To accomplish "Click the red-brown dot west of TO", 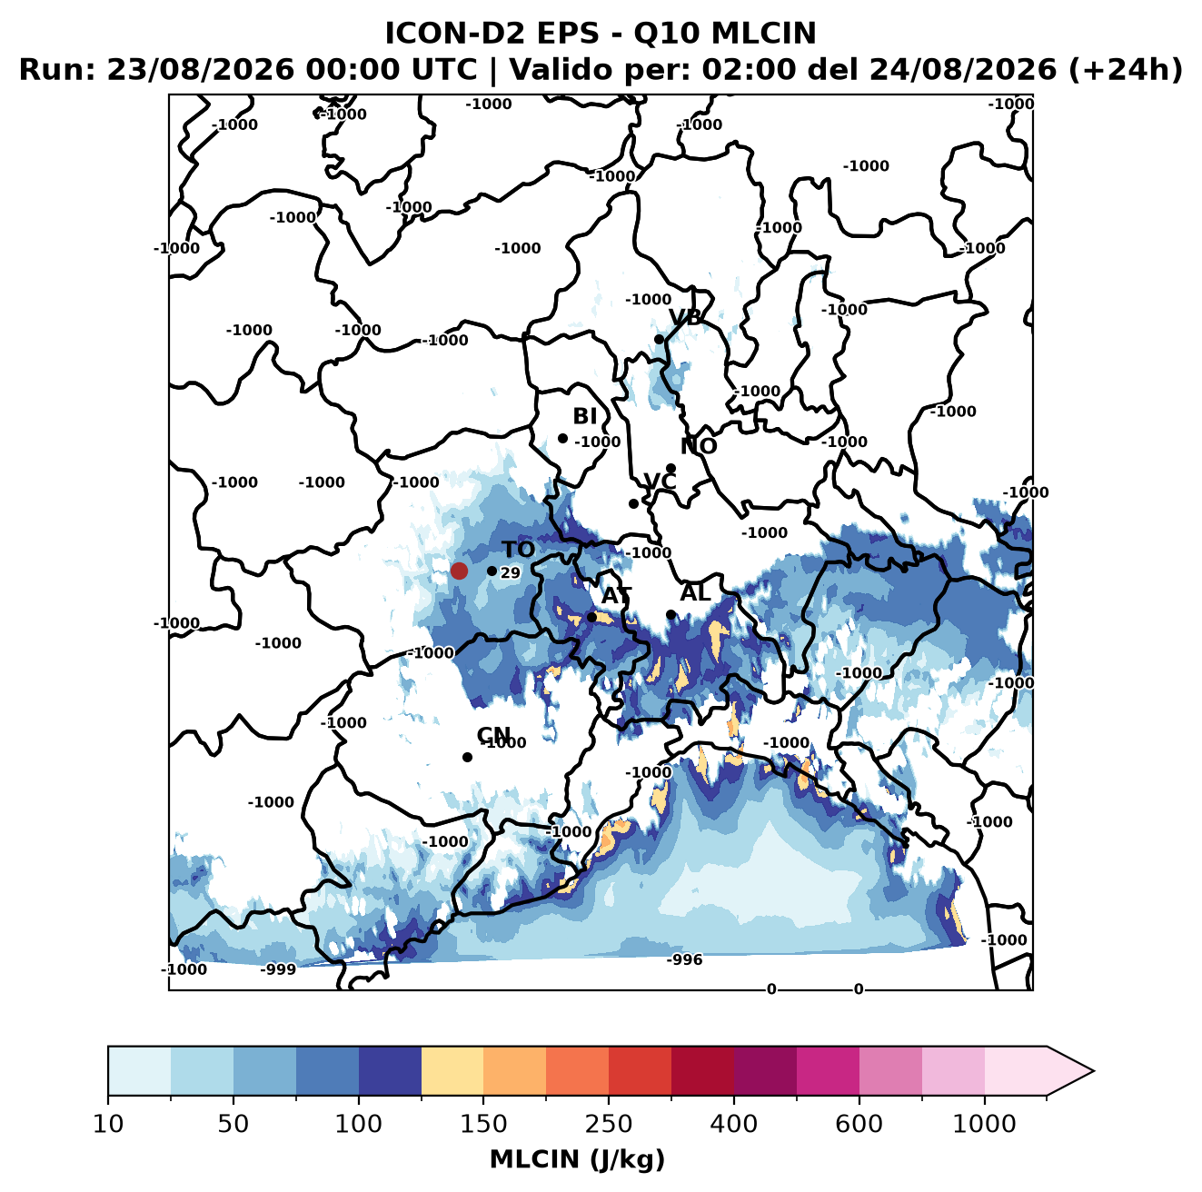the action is pyautogui.click(x=459, y=571).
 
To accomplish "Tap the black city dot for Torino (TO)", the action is pyautogui.click(x=492, y=571).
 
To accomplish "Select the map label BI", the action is pyautogui.click(x=584, y=416).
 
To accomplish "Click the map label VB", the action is pyautogui.click(x=685, y=317).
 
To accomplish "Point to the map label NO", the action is pyautogui.click(x=698, y=446).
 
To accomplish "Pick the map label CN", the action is pyautogui.click(x=493, y=735).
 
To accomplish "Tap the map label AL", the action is pyautogui.click(x=695, y=592).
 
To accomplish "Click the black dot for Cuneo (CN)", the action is pyautogui.click(x=467, y=757).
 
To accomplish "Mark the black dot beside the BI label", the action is pyautogui.click(x=562, y=439).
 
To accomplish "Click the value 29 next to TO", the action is pyautogui.click(x=510, y=572).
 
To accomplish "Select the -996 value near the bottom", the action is pyautogui.click(x=684, y=959).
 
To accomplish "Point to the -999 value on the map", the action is pyautogui.click(x=278, y=969).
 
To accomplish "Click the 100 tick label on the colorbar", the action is pyautogui.click(x=359, y=1124).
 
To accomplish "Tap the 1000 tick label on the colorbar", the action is pyautogui.click(x=984, y=1124).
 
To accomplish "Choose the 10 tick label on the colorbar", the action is pyautogui.click(x=108, y=1124).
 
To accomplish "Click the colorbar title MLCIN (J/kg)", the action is pyautogui.click(x=578, y=1159).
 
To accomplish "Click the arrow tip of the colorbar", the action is pyautogui.click(x=1093, y=1071).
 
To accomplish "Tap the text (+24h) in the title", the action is pyautogui.click(x=1126, y=70).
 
